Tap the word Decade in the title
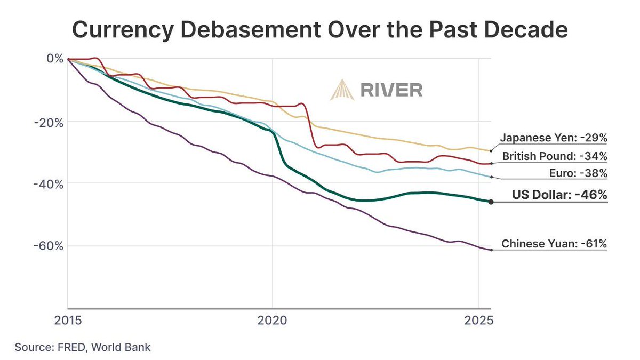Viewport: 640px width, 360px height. coord(523,30)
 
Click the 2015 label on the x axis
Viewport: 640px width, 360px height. coord(68,322)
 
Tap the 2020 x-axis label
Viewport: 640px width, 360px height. coord(273,322)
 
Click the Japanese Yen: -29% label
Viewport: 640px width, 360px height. coord(554,138)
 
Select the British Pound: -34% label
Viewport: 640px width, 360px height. coord(554,157)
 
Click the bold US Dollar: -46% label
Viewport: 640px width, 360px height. coord(559,195)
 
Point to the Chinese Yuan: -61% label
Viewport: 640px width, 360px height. coord(554,244)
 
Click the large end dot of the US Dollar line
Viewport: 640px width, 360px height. coord(491,202)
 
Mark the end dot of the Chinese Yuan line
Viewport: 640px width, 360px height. coord(491,250)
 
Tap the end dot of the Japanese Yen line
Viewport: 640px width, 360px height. coord(491,151)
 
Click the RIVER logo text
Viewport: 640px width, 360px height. coord(391,90)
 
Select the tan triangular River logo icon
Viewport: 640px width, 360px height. coord(341,90)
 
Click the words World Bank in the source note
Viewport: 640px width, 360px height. coord(121,347)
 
